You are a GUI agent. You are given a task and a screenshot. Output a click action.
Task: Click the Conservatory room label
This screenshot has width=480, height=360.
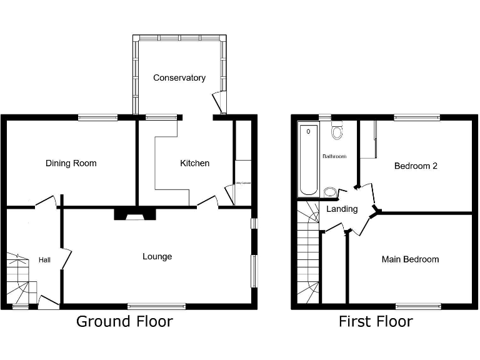[x=179, y=78]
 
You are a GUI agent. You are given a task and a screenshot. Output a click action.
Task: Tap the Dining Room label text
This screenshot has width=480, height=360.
[x=71, y=163]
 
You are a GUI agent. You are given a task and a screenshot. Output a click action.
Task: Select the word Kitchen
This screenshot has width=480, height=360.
[x=195, y=163]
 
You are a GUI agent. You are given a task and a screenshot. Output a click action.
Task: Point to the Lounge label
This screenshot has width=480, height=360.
[x=157, y=256]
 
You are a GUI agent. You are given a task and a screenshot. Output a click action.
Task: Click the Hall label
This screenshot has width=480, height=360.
[x=44, y=260]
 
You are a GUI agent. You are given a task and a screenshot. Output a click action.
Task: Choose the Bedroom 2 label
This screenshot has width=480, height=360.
[x=415, y=166]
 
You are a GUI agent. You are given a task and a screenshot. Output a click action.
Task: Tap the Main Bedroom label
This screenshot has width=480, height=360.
[x=410, y=259]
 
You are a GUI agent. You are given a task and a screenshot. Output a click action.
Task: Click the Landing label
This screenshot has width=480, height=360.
[x=342, y=209]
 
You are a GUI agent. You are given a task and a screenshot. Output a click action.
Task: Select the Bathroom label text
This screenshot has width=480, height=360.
[x=334, y=156]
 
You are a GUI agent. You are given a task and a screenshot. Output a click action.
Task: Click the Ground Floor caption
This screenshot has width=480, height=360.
[x=124, y=322]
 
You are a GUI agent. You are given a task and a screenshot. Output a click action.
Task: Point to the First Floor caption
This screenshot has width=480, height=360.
[x=376, y=322]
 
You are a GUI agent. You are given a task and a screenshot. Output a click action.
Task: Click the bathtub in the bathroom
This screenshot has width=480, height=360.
[x=308, y=160]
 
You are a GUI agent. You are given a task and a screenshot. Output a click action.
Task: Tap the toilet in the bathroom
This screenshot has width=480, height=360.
[x=337, y=131]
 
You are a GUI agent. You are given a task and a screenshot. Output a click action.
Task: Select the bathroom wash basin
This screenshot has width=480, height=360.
[x=330, y=191]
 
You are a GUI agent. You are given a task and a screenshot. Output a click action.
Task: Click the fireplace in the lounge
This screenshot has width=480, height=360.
[x=134, y=214]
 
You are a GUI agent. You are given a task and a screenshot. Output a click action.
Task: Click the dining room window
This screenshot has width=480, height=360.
[x=98, y=117]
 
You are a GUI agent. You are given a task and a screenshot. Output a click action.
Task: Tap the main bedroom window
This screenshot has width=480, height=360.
[x=418, y=306]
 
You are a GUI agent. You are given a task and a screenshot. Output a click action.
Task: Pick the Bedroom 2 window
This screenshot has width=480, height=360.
[x=416, y=117]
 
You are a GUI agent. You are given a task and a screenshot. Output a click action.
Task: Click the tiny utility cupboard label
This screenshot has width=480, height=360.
[x=242, y=183]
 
